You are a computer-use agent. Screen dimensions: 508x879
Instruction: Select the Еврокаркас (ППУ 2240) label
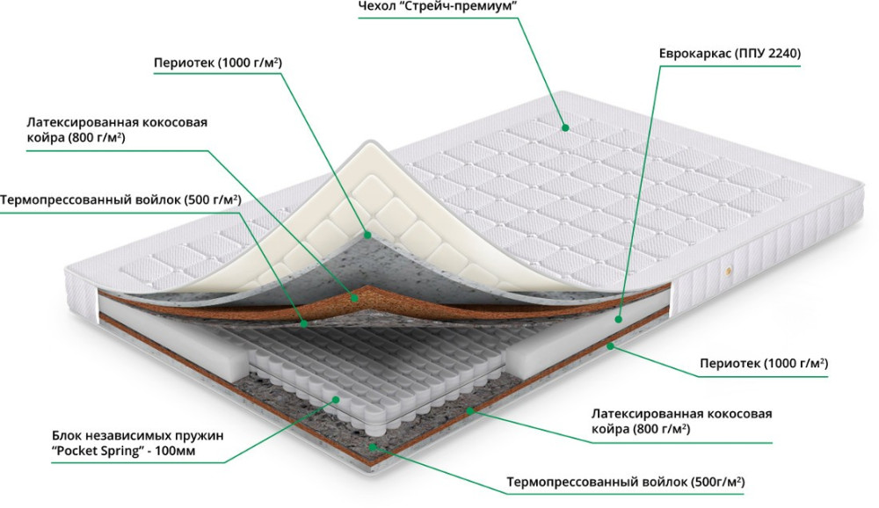730,53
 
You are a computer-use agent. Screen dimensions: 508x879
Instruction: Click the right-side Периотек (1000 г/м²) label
764,363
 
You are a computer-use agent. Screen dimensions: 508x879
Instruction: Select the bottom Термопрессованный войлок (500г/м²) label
625,483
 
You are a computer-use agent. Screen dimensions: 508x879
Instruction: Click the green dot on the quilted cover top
565,128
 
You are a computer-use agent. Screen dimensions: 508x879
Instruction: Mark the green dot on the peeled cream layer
367,234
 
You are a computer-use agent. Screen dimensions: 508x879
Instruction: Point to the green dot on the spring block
336,401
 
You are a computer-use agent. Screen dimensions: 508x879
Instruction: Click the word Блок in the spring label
68,435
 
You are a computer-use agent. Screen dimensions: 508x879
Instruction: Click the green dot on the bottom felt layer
374,446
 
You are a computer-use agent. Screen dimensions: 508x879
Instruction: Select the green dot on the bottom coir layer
469,410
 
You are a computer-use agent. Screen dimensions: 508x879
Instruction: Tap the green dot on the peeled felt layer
303,323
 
